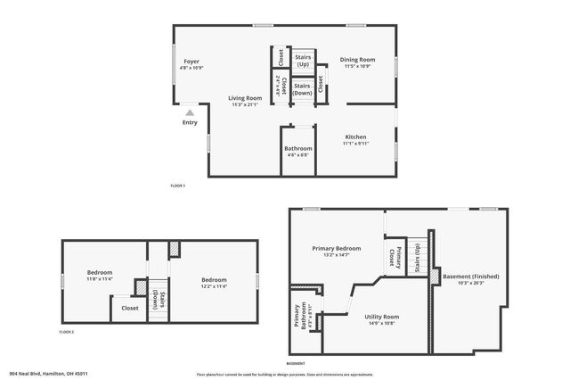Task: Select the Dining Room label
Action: pos(357,60)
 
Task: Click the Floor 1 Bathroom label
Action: pos(297,148)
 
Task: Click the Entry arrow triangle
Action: pos(190,113)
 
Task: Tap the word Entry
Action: pos(190,122)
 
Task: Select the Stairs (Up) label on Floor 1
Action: pos(303,60)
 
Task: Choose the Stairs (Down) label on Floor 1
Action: pos(303,88)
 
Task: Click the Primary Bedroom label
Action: pos(336,248)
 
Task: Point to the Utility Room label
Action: pos(381,317)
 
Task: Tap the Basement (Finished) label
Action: pos(470,277)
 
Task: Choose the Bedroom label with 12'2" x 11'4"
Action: pos(214,280)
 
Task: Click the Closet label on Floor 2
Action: pos(124,308)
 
